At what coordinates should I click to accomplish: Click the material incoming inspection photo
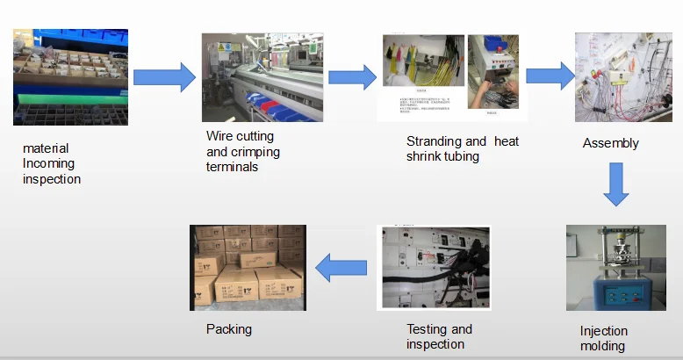[x=70, y=77]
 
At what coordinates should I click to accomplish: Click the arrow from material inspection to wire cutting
[x=163, y=77]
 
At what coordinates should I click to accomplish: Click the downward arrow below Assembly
[x=617, y=184]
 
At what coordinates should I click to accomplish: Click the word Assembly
[x=610, y=143]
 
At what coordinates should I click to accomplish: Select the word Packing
[x=229, y=329]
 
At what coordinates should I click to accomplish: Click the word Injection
[x=604, y=332]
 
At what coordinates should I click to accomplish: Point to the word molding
[x=603, y=346]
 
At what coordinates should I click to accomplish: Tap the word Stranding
[x=434, y=141]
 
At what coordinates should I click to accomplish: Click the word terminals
[x=232, y=167]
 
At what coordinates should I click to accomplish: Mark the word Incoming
[x=49, y=163]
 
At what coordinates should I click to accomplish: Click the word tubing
[x=462, y=156]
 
